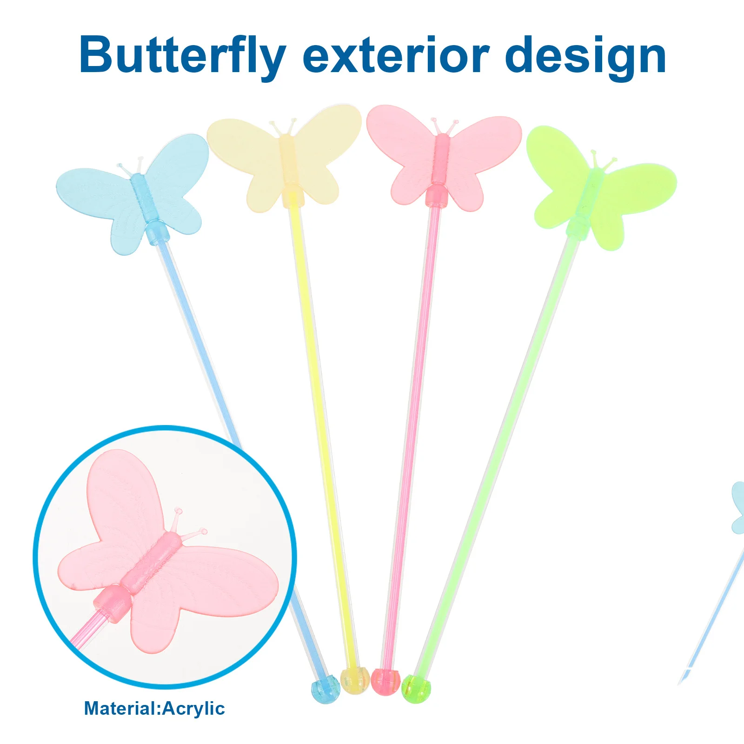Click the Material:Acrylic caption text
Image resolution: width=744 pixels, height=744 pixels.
[154, 709]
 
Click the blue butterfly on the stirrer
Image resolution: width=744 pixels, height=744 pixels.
[133, 195]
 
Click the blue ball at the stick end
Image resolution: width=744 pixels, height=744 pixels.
[325, 689]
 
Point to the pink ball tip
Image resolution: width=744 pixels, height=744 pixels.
[385, 682]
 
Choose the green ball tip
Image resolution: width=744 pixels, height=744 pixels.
[416, 688]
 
